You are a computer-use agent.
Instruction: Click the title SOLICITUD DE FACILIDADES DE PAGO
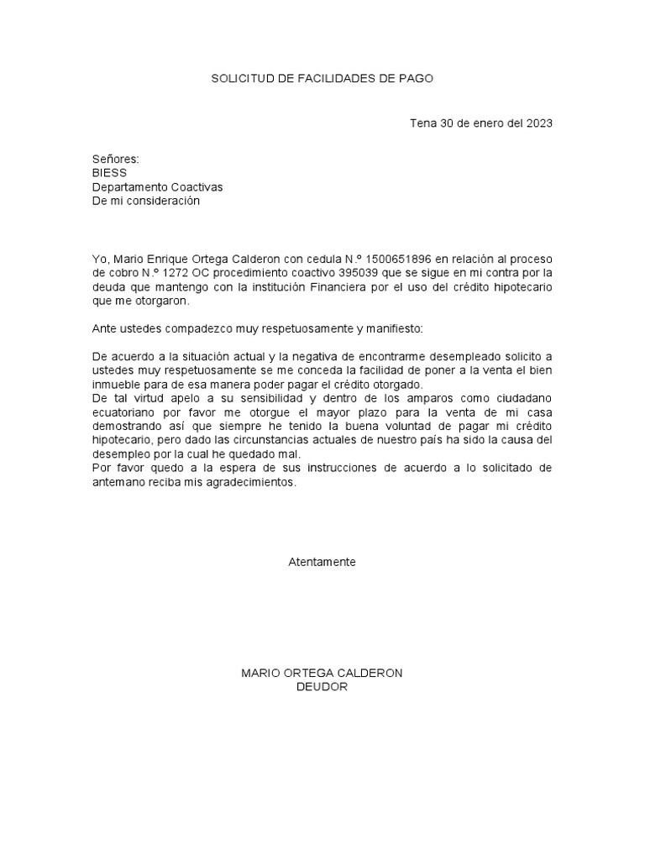[322, 78]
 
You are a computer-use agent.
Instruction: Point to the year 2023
[539, 123]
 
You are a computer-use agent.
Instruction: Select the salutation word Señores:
[115, 160]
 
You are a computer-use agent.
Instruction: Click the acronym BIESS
[109, 173]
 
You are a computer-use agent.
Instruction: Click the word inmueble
[115, 385]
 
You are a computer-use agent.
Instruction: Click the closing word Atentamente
[322, 562]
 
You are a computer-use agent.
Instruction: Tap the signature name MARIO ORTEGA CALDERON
[322, 674]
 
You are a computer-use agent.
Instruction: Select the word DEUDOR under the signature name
[322, 687]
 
